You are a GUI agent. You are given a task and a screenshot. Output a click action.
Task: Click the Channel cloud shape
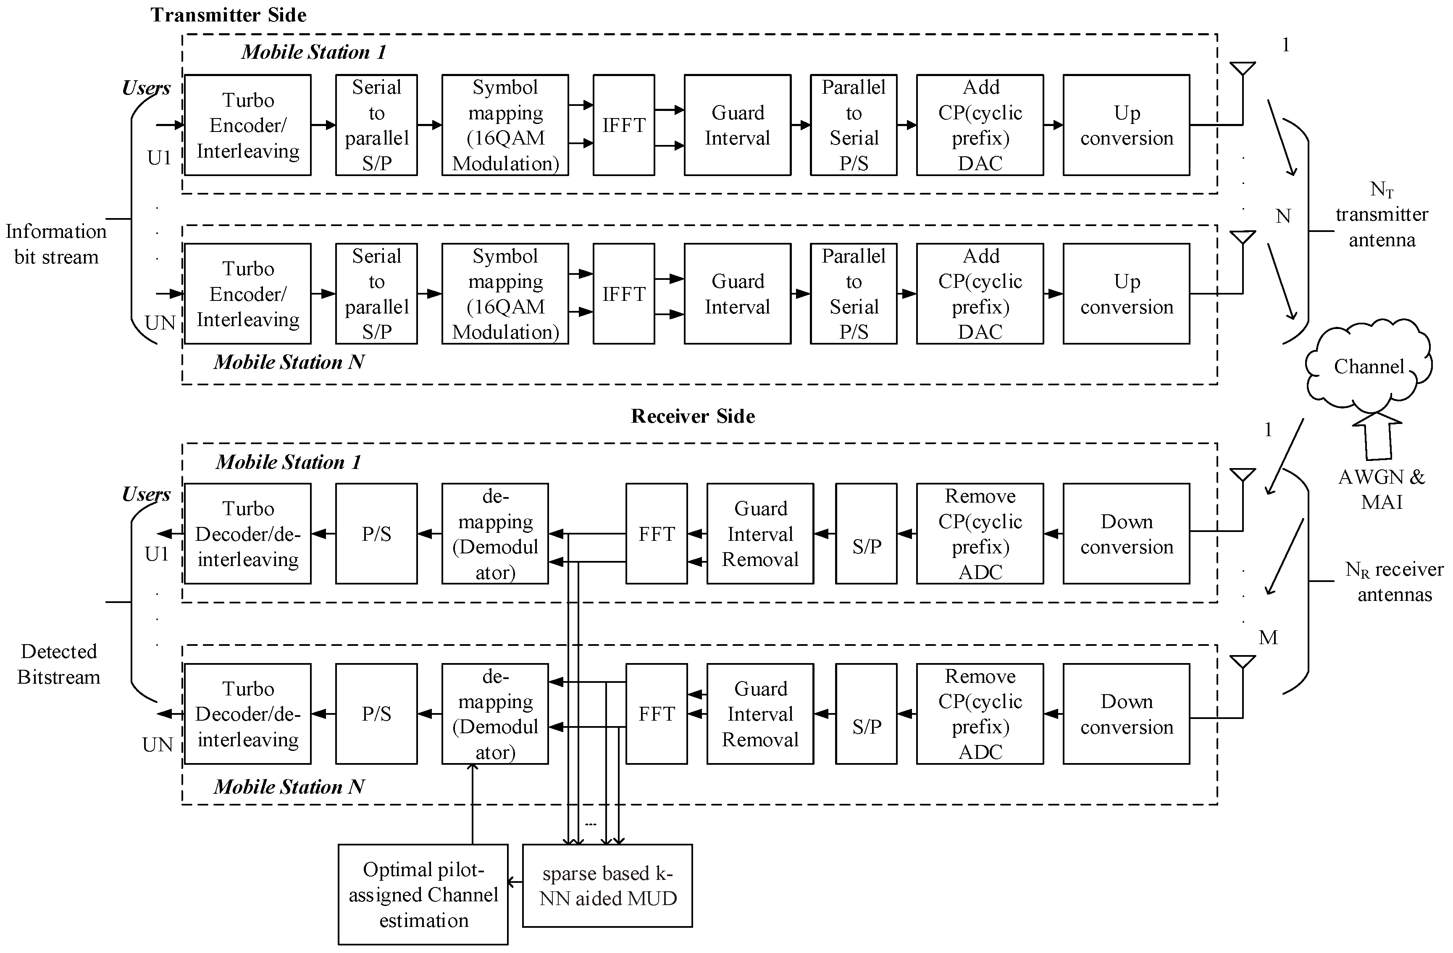tap(1368, 366)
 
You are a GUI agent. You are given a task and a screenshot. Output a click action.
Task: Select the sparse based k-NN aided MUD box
tap(607, 886)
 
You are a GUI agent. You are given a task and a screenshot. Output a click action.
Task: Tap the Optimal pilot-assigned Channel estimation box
tap(423, 895)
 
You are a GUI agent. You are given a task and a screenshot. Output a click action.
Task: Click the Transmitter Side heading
tap(229, 15)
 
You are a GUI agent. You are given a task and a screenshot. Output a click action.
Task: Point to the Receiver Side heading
tap(693, 416)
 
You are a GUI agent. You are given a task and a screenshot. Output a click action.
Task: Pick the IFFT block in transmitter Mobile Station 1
tap(623, 125)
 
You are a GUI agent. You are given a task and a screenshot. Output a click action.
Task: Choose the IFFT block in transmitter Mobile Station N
tap(623, 294)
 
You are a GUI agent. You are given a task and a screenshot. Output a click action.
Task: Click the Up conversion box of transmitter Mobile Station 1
tap(1126, 125)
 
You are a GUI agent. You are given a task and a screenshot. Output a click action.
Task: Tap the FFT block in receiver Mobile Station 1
tap(656, 534)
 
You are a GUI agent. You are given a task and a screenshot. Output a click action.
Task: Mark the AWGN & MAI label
tap(1382, 489)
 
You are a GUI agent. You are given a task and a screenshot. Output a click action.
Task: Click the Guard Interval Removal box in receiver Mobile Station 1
tap(760, 534)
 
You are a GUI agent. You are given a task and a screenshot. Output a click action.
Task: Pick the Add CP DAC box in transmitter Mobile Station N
tap(980, 294)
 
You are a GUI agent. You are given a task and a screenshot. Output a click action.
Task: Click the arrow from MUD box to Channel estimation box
tap(515, 882)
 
